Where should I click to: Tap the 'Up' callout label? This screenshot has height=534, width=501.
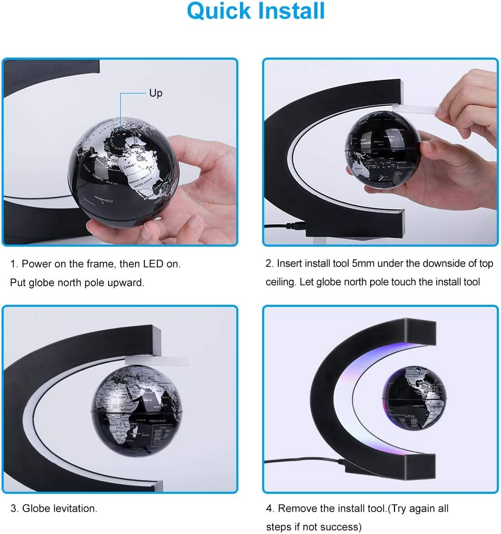[x=156, y=93]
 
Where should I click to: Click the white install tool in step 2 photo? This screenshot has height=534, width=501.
[x=414, y=109]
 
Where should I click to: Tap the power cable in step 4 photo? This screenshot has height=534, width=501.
[x=306, y=461]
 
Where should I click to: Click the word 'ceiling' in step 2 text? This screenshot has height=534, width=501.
[x=281, y=282]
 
